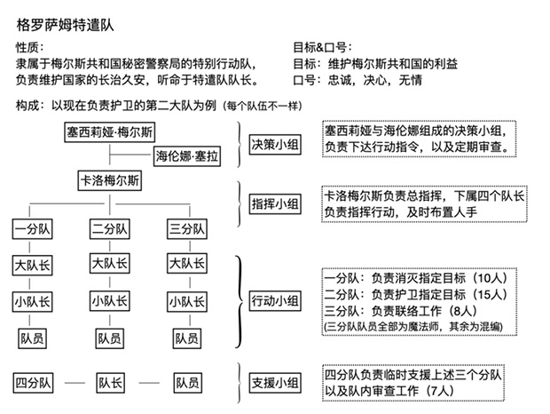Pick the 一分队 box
(x=33, y=229)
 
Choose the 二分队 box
(x=109, y=229)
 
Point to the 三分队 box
(x=186, y=229)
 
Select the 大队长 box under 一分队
(x=33, y=265)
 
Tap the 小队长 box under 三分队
(x=186, y=300)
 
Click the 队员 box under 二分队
(x=109, y=338)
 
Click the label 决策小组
(x=274, y=144)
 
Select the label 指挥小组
(x=274, y=204)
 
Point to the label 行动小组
(x=274, y=299)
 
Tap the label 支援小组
(x=274, y=383)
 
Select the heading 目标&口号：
(x=320, y=47)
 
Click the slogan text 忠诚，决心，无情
(x=375, y=79)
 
